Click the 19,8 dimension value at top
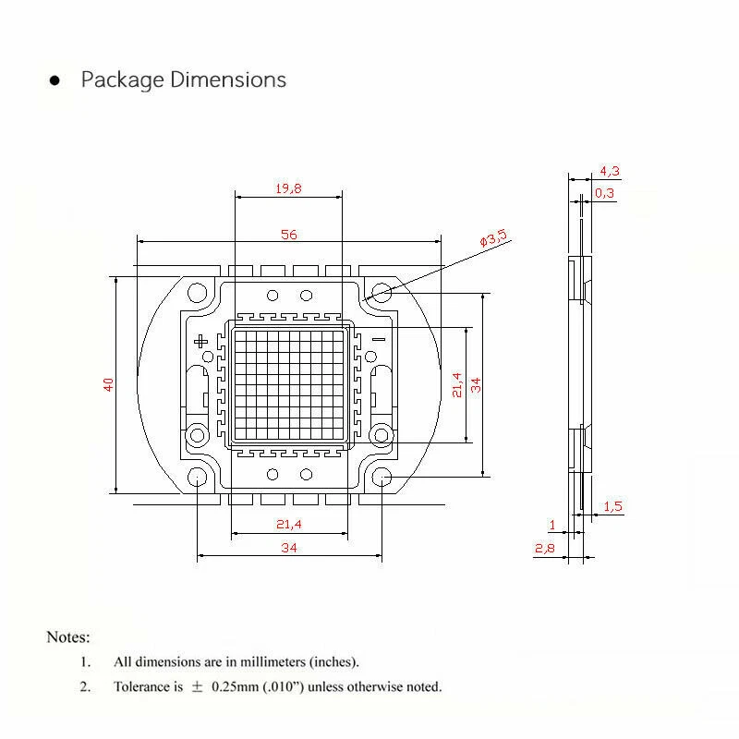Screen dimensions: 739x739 point(288,188)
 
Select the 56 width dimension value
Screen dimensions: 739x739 point(289,235)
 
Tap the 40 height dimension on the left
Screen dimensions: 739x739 point(109,384)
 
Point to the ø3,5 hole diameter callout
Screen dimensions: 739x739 point(493,238)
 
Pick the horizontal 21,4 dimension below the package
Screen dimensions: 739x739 point(289,525)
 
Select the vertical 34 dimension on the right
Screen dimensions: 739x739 point(477,384)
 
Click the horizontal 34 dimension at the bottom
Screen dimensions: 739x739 point(288,548)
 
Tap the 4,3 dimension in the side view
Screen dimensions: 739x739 point(610,171)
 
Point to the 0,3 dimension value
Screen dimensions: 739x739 point(604,193)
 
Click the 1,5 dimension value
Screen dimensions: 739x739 point(612,506)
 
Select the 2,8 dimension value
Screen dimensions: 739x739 point(544,549)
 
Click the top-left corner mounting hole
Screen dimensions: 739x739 point(198,294)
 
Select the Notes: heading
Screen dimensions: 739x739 point(68,637)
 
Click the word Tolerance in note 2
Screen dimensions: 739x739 point(142,686)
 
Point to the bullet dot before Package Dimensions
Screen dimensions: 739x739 point(55,81)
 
